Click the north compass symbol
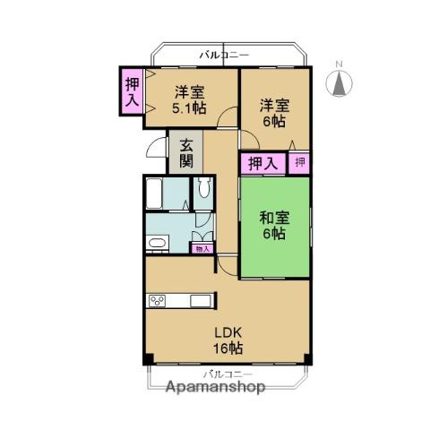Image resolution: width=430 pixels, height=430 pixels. click(339, 83)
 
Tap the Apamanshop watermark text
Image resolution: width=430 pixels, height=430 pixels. click(216, 387)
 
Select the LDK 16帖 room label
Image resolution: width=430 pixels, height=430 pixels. click(228, 340)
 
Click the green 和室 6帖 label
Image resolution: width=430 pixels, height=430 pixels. click(274, 226)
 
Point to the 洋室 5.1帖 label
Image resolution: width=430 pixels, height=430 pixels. click(189, 100)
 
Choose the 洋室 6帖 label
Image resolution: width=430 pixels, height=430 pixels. click(274, 113)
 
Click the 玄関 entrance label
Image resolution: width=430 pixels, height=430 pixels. click(186, 154)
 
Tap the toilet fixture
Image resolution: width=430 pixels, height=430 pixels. click(204, 187)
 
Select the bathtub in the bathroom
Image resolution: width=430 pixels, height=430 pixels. click(154, 193)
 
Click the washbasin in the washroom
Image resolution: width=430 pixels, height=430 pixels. click(157, 243)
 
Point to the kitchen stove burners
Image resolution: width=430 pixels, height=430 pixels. click(158, 301)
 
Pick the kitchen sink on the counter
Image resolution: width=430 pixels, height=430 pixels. click(201, 301)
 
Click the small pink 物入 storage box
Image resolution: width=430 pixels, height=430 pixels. click(202, 248)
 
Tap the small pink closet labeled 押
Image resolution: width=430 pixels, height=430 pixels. click(299, 163)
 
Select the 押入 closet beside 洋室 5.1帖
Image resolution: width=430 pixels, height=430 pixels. click(132, 91)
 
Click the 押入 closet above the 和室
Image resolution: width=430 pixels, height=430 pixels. click(263, 163)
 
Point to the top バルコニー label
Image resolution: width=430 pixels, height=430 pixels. click(225, 56)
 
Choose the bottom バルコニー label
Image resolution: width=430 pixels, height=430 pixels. click(228, 374)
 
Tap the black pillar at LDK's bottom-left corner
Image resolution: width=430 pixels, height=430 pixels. click(148, 359)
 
